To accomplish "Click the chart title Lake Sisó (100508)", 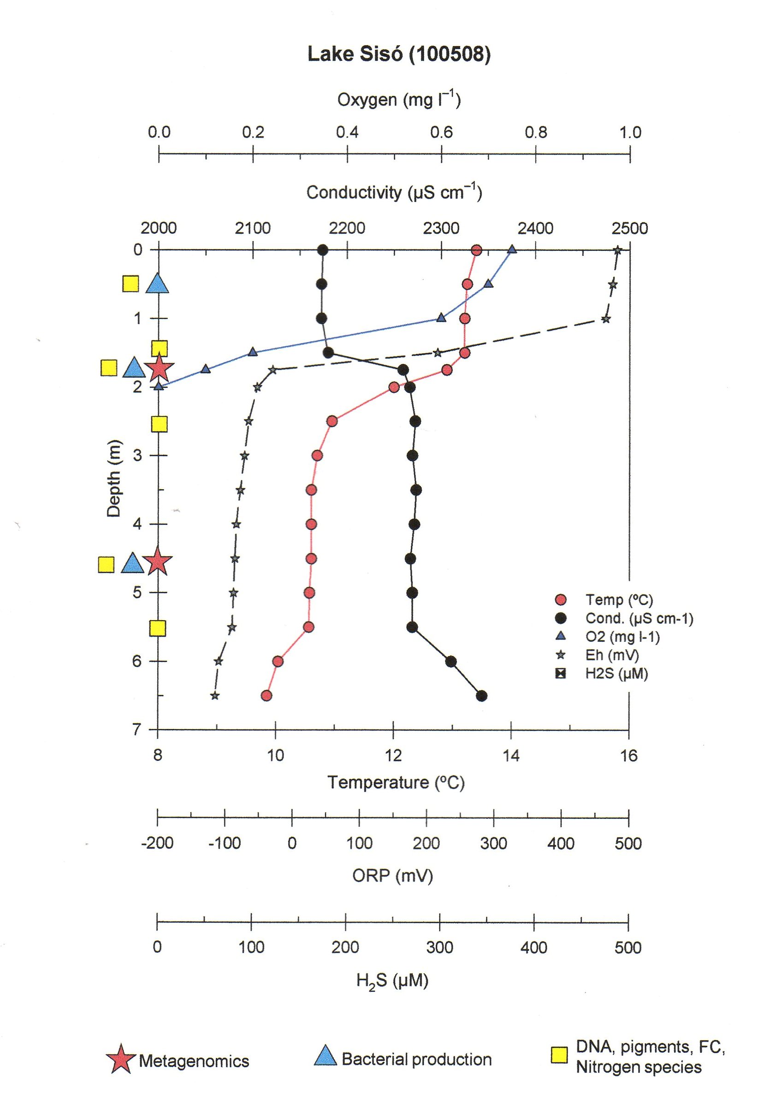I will (x=398, y=54).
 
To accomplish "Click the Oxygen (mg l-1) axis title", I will (x=398, y=100).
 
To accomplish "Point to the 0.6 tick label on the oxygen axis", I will (x=441, y=132).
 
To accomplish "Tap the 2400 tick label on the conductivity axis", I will (x=535, y=228).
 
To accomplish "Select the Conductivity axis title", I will (x=394, y=193).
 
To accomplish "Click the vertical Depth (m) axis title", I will (x=114, y=478).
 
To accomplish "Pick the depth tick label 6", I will (x=138, y=661).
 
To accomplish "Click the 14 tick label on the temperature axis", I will (x=511, y=756).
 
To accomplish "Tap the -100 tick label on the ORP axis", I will (x=225, y=843).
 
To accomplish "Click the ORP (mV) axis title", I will (x=392, y=876).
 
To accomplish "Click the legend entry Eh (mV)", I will (x=612, y=655).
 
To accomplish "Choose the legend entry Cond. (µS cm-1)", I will (x=639, y=618).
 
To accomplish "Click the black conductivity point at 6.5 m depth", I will (x=481, y=696).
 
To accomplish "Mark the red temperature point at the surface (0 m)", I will (x=476, y=250).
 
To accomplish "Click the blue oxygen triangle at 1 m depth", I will (x=441, y=318).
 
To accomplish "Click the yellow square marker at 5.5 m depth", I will (x=158, y=628).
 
